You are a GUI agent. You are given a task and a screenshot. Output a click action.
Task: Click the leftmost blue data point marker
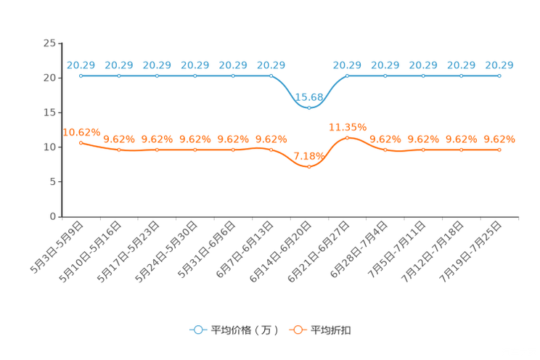(x=81, y=75)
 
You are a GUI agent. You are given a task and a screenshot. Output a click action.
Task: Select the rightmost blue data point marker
(x=499, y=75)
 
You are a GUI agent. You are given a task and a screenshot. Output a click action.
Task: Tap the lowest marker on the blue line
(x=309, y=107)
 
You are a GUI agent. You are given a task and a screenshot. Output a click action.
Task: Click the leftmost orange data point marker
(x=81, y=142)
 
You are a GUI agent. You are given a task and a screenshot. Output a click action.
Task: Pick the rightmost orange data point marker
(x=499, y=150)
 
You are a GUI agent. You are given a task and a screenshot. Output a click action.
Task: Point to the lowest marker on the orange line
(x=309, y=166)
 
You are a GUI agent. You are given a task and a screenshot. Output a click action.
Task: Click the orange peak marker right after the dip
(x=347, y=137)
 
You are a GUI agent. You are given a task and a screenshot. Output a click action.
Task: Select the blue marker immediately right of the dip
(x=347, y=75)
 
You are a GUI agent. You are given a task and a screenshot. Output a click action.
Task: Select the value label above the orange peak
(x=343, y=126)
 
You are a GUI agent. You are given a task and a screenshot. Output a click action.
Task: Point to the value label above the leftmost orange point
(x=81, y=131)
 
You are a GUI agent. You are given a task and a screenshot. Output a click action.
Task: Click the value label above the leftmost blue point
(x=81, y=65)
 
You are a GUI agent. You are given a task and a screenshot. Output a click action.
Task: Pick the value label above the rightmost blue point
(x=499, y=65)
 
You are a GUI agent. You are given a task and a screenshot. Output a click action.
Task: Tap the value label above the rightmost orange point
(x=499, y=139)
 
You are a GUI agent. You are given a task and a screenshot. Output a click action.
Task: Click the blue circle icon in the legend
(x=198, y=330)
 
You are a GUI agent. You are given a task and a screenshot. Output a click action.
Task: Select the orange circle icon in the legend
(x=297, y=330)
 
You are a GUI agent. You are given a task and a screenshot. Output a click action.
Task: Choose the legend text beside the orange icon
(x=332, y=330)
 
